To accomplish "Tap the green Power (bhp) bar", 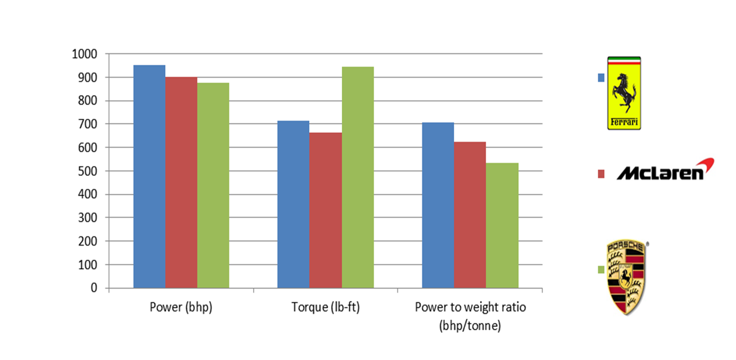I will (x=213, y=186).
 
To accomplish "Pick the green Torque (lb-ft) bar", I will (x=357, y=178).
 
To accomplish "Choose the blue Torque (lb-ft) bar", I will (x=293, y=205).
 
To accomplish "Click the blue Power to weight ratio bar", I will (x=438, y=206).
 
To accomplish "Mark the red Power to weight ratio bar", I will (x=470, y=215).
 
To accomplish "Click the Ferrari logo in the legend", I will (x=624, y=93).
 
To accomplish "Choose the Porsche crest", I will (x=626, y=277).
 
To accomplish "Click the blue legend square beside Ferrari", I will (x=601, y=78).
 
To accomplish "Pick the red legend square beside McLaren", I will (x=601, y=174).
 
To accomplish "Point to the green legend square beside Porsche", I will (x=601, y=269).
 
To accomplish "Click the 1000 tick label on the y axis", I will (x=84, y=54).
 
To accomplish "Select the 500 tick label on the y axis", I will (x=86, y=171).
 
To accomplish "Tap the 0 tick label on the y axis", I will (x=94, y=288).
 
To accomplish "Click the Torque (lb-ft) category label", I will (x=326, y=308).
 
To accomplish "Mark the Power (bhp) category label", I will (x=181, y=308).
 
